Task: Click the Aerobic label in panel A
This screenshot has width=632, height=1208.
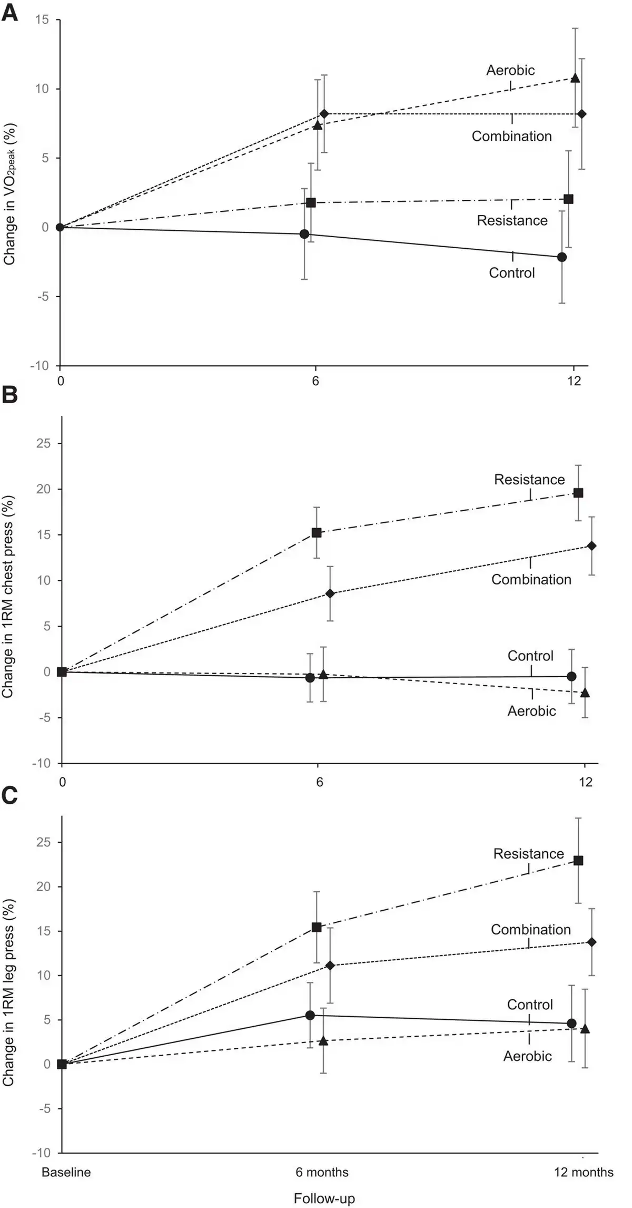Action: point(510,70)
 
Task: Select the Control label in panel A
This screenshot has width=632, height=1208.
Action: point(511,272)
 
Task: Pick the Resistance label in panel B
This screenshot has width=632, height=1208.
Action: point(529,480)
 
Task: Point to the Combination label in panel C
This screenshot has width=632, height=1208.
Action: point(531,929)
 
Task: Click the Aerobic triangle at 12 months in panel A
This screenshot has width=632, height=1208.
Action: point(575,78)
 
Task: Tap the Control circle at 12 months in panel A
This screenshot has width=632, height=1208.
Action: point(562,257)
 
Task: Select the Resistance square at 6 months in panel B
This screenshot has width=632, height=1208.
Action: point(317,533)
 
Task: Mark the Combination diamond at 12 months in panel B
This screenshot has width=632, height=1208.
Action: point(591,546)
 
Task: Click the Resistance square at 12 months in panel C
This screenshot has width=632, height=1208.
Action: point(578,861)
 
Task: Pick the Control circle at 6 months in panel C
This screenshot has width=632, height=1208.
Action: point(310,1015)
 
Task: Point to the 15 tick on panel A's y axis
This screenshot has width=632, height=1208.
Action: point(42,20)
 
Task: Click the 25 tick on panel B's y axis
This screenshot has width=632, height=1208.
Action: point(44,443)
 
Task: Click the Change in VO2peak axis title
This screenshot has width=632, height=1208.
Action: point(9,194)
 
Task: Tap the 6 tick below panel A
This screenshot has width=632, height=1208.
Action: point(315,381)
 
